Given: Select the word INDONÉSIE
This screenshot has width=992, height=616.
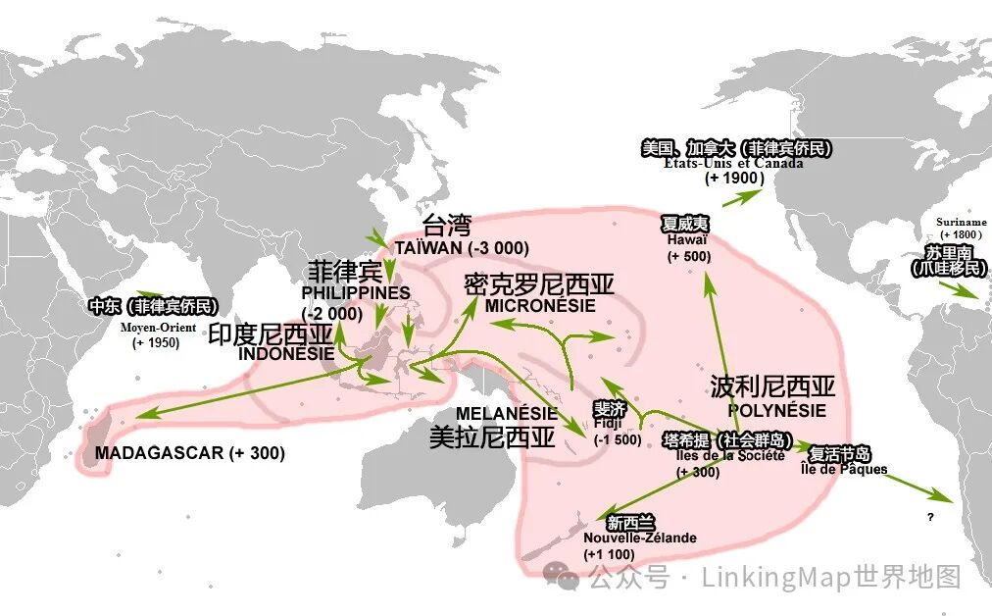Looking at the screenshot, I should [x=285, y=353].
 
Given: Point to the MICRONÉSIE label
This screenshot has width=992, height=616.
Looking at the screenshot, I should [x=539, y=305].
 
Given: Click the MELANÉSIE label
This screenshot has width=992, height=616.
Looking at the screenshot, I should [x=506, y=414].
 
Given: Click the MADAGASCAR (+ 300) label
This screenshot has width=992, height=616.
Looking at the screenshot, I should [x=189, y=453].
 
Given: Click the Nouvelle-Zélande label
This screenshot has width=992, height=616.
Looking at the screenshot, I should [x=639, y=538].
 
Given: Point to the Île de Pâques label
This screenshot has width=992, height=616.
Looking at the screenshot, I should [x=843, y=469].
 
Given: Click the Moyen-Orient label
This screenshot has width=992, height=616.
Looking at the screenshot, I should [x=158, y=327].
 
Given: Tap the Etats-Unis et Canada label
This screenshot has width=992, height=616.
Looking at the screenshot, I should [x=733, y=163].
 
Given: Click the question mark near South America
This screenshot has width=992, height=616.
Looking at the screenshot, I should [x=929, y=516].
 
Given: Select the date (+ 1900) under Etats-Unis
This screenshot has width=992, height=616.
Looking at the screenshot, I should [x=734, y=179].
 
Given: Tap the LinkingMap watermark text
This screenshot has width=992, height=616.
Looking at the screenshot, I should [x=774, y=578].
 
